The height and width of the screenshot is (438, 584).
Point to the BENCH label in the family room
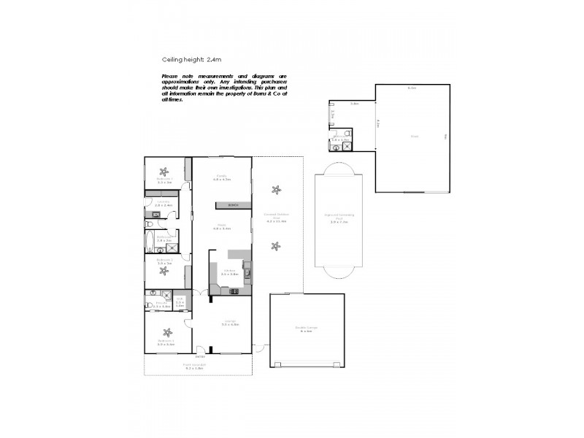point(233,204)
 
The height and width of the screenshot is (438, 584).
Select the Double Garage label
point(307,328)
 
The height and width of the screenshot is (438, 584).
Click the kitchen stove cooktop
point(234,292)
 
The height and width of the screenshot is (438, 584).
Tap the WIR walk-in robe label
point(180,301)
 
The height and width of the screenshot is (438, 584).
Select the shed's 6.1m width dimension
point(411,88)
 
